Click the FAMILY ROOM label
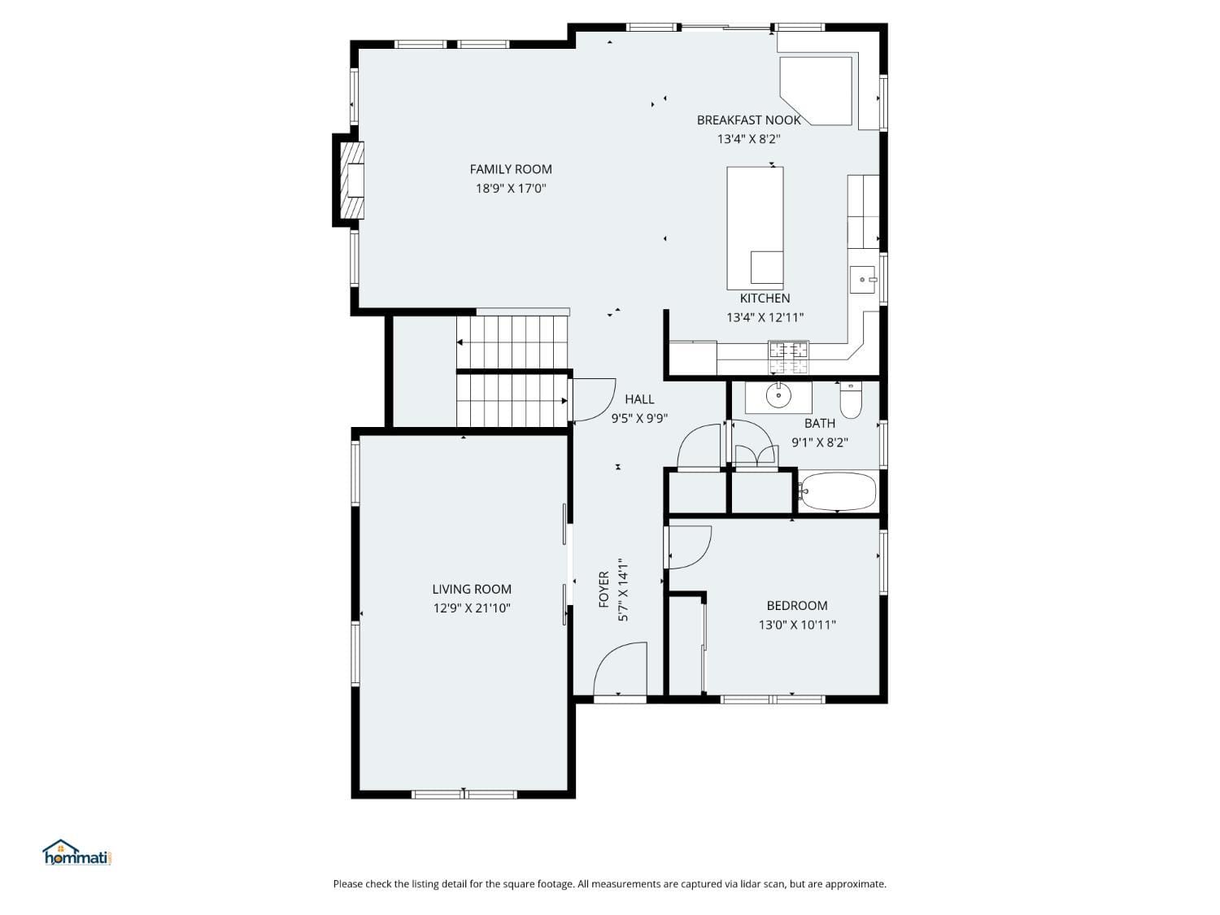pyautogui.click(x=510, y=169)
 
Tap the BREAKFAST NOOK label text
pyautogui.click(x=748, y=120)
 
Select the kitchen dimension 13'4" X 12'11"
pyautogui.click(x=765, y=318)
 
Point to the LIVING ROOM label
pyautogui.click(x=472, y=589)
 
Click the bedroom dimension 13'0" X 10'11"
pyautogui.click(x=797, y=625)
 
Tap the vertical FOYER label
pyautogui.click(x=603, y=590)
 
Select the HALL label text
pyautogui.click(x=639, y=399)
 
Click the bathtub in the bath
pyautogui.click(x=838, y=491)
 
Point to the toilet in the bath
pyautogui.click(x=851, y=400)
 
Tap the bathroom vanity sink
pyautogui.click(x=778, y=396)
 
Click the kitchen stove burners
pyautogui.click(x=788, y=351)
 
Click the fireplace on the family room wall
pyautogui.click(x=350, y=181)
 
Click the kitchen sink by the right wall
pyautogui.click(x=862, y=280)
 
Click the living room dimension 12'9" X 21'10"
pyautogui.click(x=472, y=608)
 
